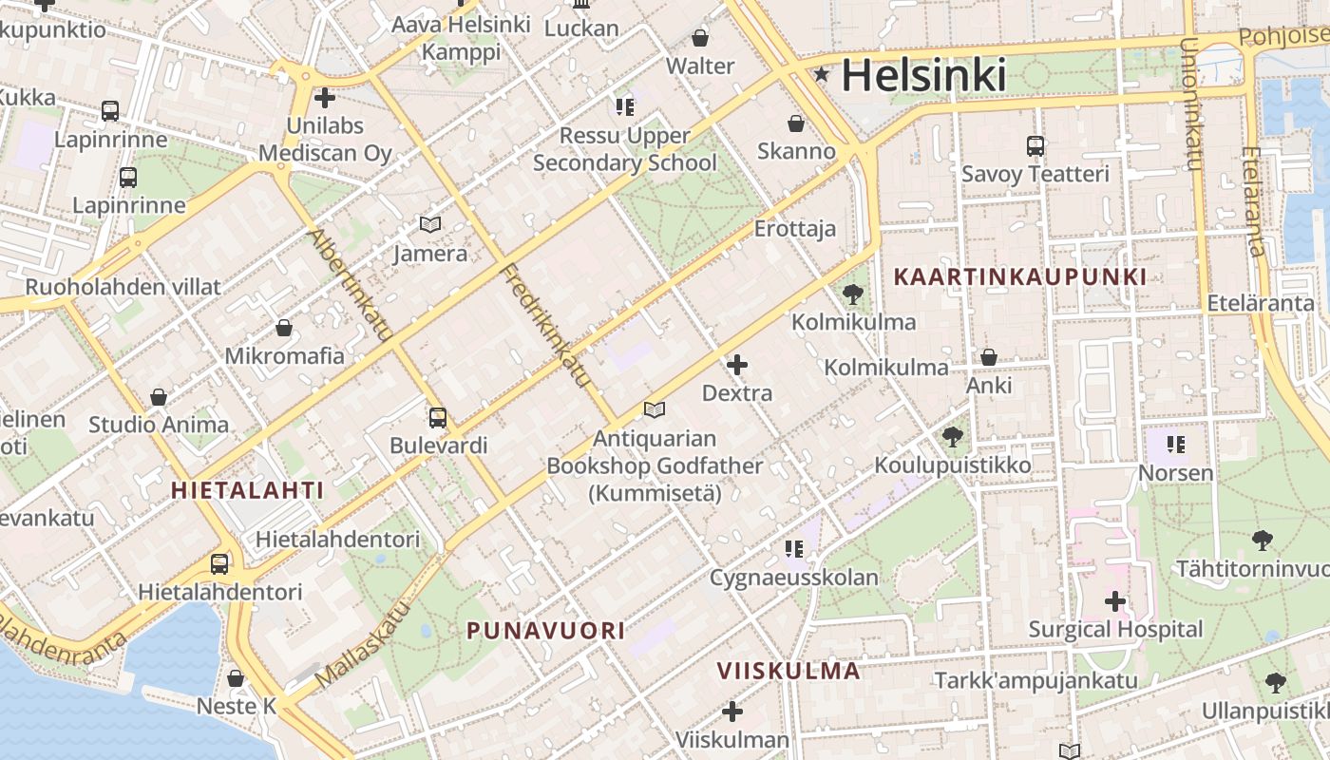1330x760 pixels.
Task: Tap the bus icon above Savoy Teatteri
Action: (1035, 146)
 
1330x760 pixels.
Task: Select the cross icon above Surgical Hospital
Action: (1115, 600)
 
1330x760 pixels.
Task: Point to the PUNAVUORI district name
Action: (546, 630)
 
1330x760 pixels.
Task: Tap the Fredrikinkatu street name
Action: (545, 326)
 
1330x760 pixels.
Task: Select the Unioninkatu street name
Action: (1189, 104)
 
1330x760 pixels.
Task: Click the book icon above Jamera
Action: (430, 225)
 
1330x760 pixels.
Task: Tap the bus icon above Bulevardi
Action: (438, 417)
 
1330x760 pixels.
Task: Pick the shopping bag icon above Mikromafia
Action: (283, 328)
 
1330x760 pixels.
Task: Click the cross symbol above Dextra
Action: (737, 365)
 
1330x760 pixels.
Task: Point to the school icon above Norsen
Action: (1176, 444)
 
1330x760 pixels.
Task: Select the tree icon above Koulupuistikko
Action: (952, 437)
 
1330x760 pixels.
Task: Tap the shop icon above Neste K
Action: (236, 678)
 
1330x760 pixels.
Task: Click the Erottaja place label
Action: (795, 228)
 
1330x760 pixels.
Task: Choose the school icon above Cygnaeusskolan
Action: (794, 548)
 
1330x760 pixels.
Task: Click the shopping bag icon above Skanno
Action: (796, 123)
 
